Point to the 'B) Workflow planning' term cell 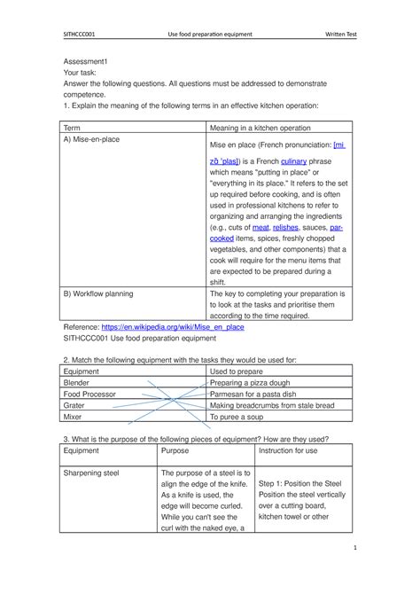click(x=97, y=293)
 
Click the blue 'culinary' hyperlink click(x=294, y=161)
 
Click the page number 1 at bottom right click(x=354, y=547)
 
